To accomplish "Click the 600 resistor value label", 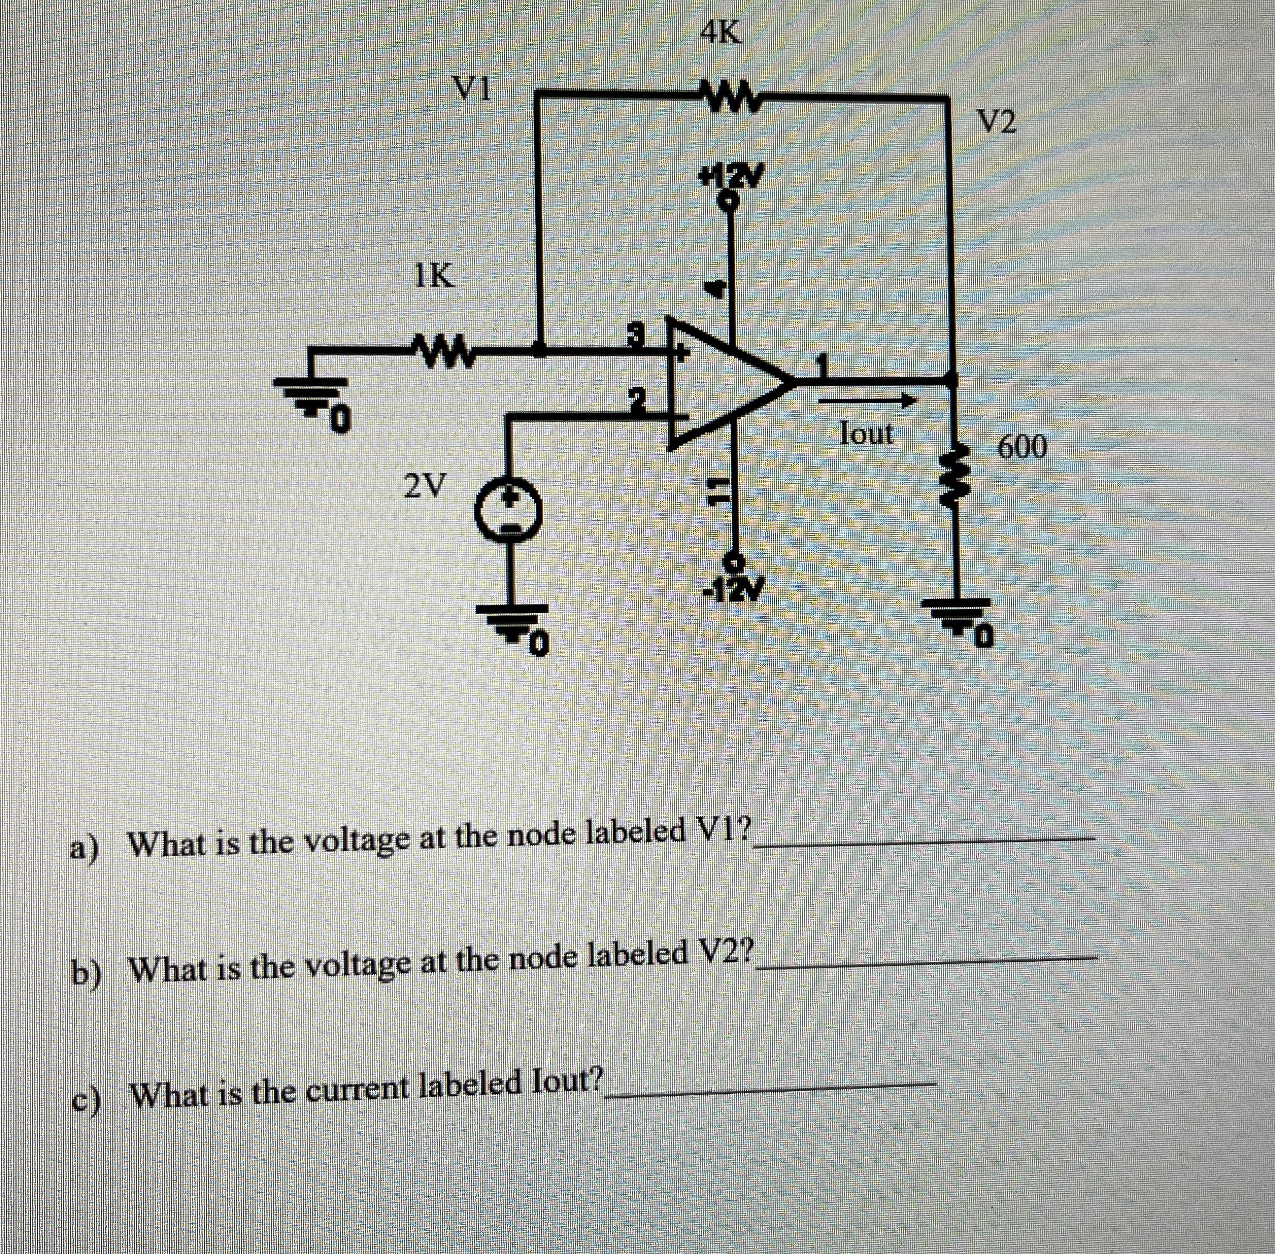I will (1022, 448).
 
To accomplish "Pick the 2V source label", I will (424, 486).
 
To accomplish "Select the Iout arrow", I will (866, 400).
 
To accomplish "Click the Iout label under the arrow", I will (866, 433).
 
